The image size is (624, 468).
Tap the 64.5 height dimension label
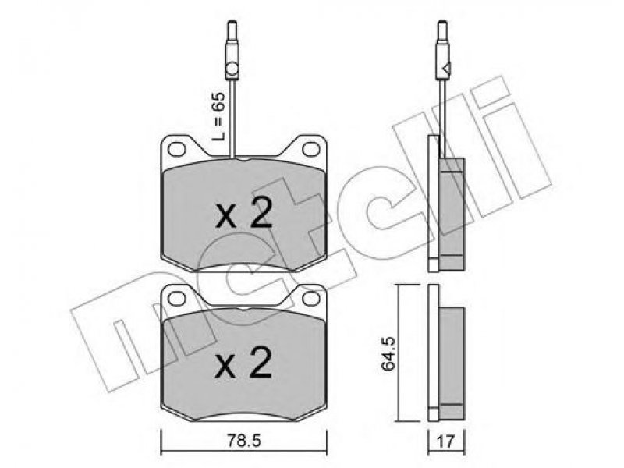[x=388, y=353]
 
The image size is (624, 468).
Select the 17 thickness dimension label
[x=445, y=441]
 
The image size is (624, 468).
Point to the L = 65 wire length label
[x=218, y=116]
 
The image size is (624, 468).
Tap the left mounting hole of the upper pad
[x=177, y=149]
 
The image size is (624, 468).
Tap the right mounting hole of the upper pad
[x=310, y=149]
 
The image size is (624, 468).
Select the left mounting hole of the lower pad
[x=177, y=299]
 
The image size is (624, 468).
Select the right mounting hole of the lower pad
[x=310, y=299]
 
